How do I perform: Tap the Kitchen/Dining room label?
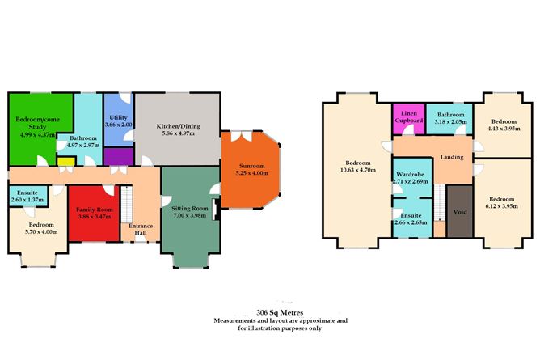pyautogui.click(x=178, y=127)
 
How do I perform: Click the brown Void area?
pyautogui.click(x=460, y=213)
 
